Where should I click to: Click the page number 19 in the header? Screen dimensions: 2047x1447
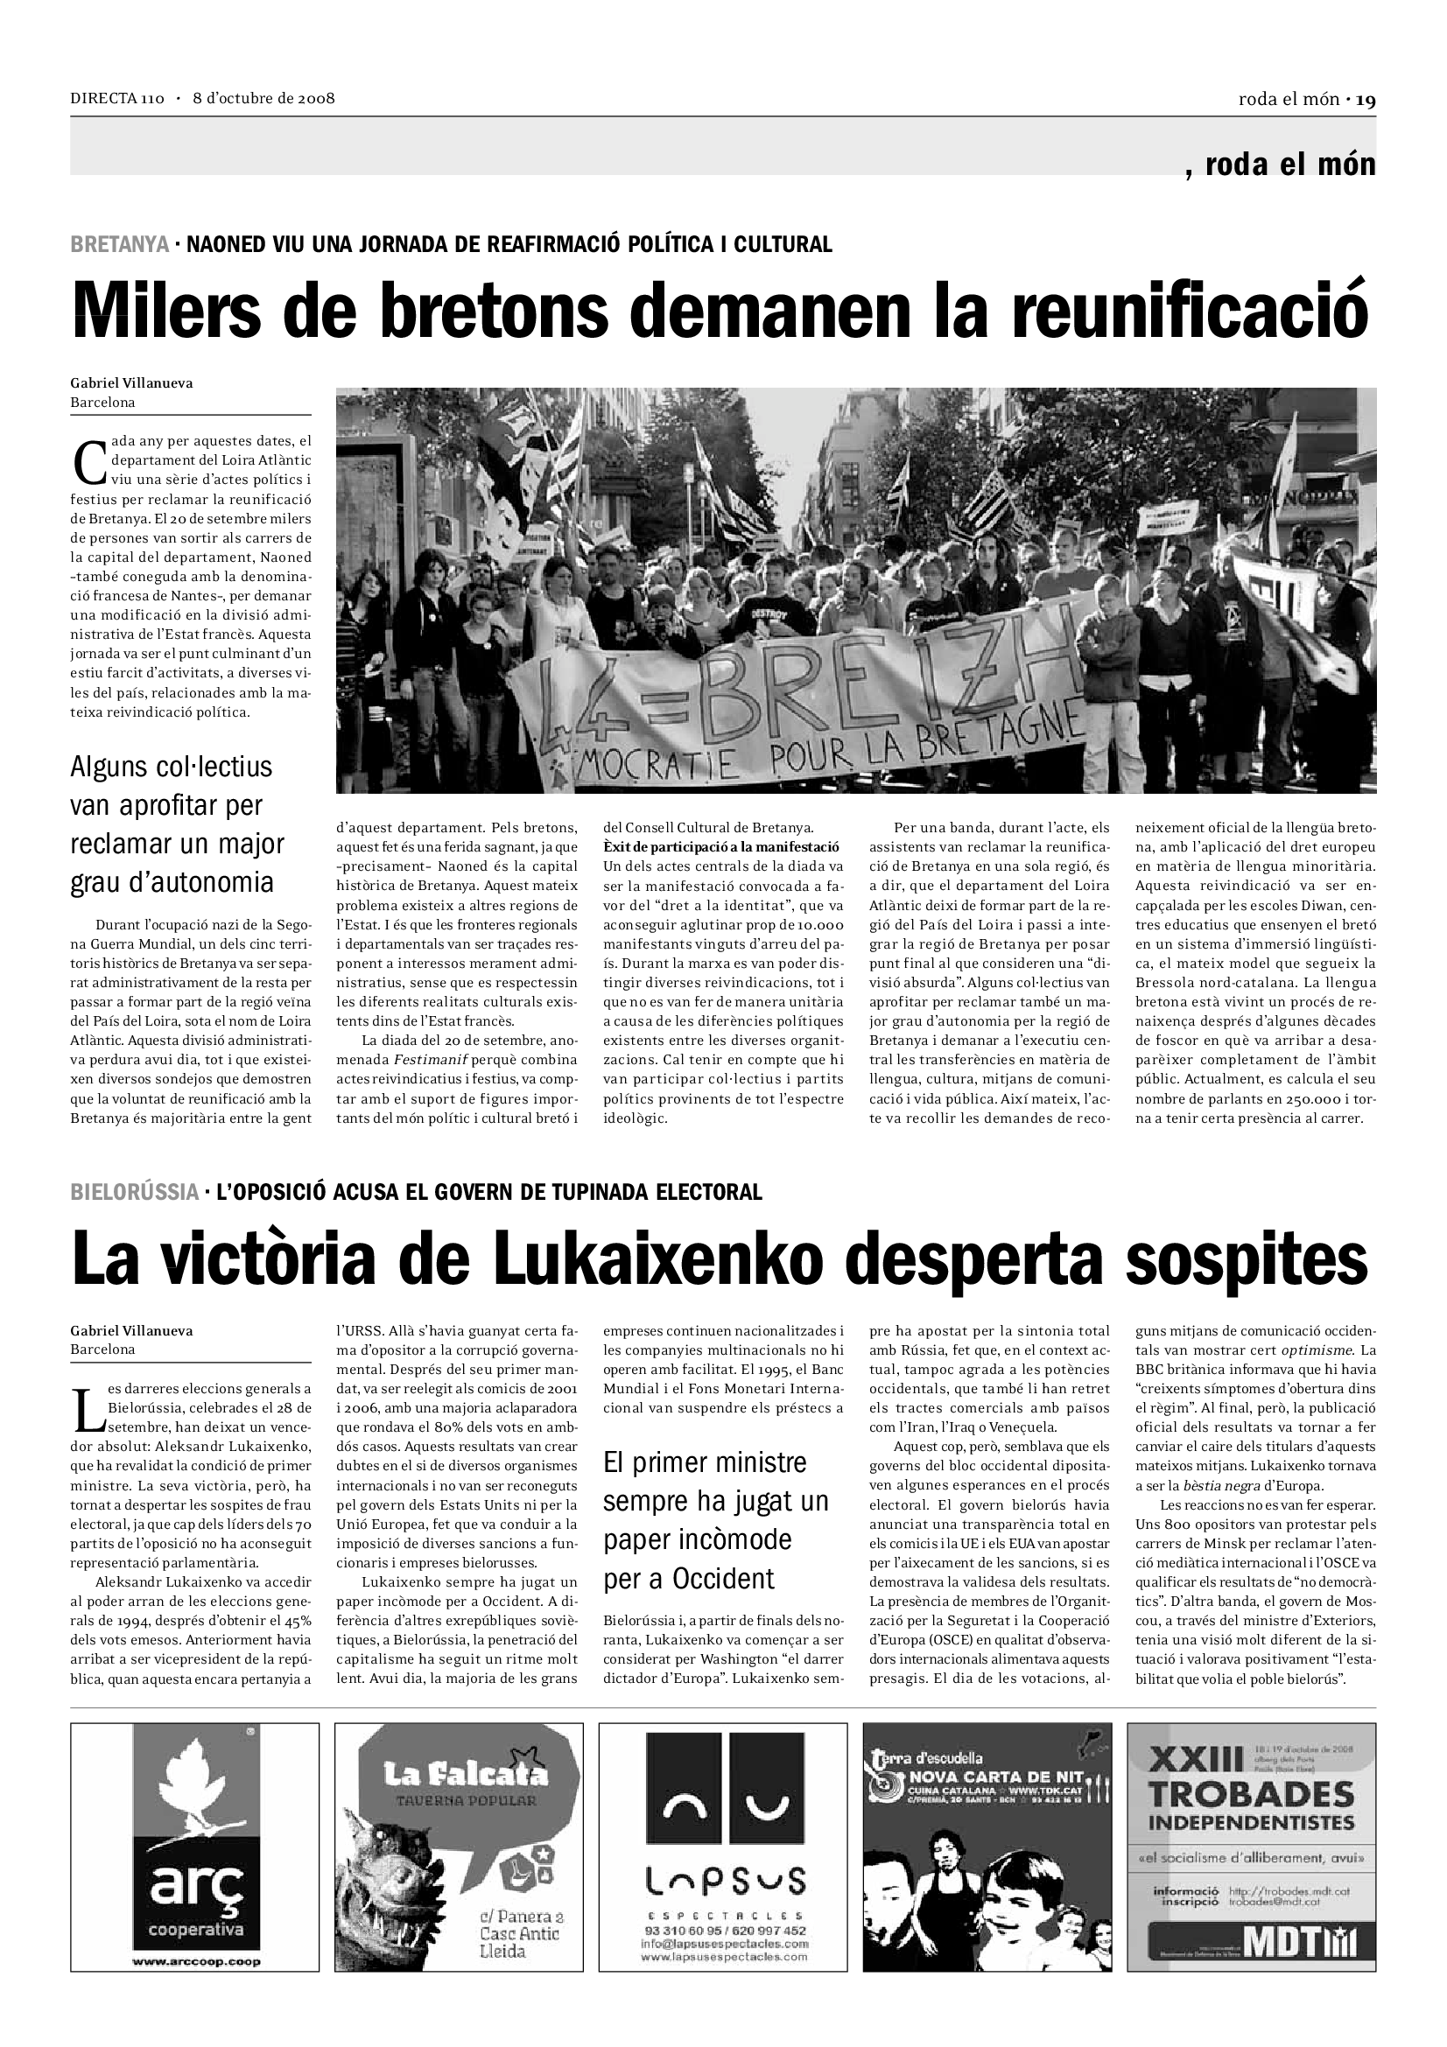tap(1366, 100)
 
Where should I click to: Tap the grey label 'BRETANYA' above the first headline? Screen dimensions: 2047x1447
tap(119, 244)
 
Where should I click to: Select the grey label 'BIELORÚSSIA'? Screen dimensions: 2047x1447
tap(135, 1192)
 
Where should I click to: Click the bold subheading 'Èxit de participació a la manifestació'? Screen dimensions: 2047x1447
tap(721, 846)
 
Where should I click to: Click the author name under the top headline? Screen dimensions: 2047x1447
tap(131, 383)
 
